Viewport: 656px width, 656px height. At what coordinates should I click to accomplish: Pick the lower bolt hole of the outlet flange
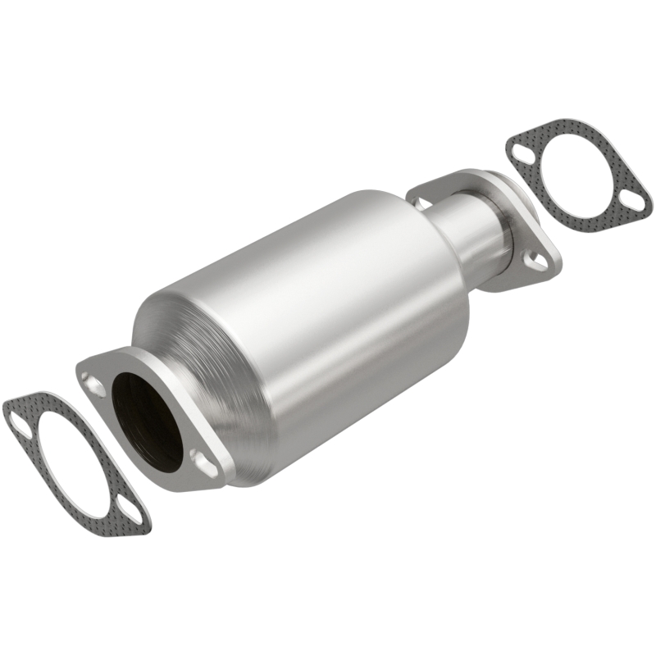click(534, 262)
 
